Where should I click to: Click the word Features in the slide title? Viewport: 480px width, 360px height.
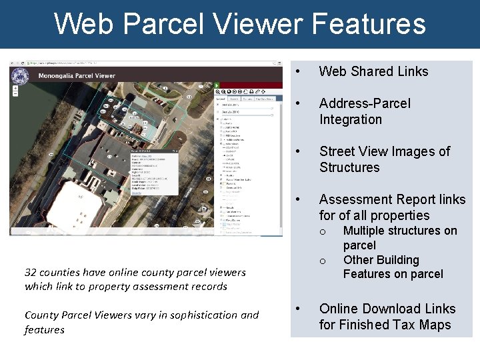pos(368,24)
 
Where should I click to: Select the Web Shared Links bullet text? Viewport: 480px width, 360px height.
pos(373,71)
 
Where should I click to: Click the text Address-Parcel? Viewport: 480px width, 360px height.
pos(365,103)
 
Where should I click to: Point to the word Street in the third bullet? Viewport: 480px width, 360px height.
pos(340,151)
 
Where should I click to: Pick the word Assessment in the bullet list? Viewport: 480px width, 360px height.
pos(354,199)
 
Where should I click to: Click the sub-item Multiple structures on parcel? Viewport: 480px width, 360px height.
pos(399,238)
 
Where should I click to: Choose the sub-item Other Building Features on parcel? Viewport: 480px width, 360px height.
pos(393,267)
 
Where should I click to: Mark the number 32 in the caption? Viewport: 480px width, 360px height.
pos(31,272)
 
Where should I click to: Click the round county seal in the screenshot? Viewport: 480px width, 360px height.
pos(20,76)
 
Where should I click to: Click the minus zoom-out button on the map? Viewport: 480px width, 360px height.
pos(15,97)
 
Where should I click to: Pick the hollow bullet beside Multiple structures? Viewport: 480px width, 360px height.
pos(322,232)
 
